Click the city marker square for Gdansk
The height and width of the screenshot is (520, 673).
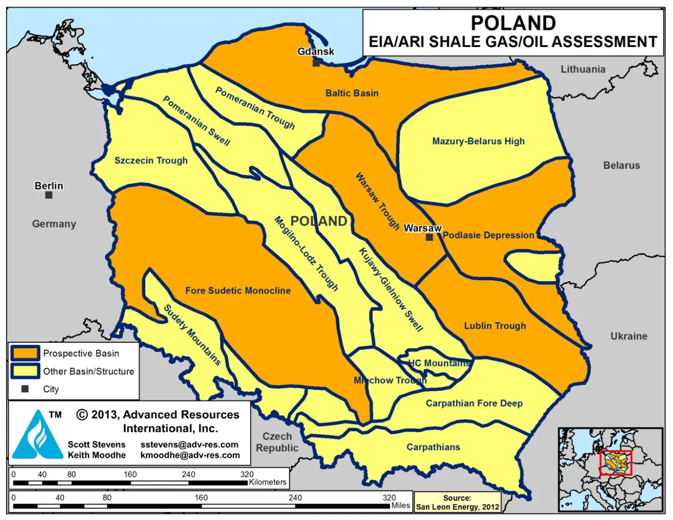pyautogui.click(x=316, y=62)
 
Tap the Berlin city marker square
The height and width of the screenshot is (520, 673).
pyautogui.click(x=49, y=195)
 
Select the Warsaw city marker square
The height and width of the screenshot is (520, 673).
pyautogui.click(x=429, y=237)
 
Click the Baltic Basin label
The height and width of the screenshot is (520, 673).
pyautogui.click(x=352, y=93)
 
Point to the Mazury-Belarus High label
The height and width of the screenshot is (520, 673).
pyautogui.click(x=478, y=141)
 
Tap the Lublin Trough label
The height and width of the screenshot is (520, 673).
pyautogui.click(x=495, y=326)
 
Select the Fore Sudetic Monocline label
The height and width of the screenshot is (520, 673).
pyautogui.click(x=238, y=291)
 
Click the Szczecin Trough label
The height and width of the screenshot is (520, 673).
pyautogui.click(x=151, y=161)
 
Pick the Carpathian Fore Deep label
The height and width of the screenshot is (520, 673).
pyautogui.click(x=474, y=403)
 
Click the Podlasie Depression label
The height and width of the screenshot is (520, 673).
pyautogui.click(x=488, y=235)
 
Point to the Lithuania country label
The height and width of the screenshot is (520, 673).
pyautogui.click(x=583, y=69)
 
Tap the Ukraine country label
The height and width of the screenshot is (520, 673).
pyautogui.click(x=629, y=336)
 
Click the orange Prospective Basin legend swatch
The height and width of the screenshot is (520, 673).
pyautogui.click(x=25, y=353)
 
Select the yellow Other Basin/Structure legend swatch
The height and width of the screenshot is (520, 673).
pyautogui.click(x=25, y=371)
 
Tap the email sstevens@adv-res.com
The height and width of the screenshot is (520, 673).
pyautogui.click(x=189, y=445)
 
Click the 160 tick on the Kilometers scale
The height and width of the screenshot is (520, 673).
pyautogui.click(x=130, y=474)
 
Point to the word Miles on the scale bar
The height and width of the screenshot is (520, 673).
pyautogui.click(x=400, y=505)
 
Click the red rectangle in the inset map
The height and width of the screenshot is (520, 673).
pyautogui.click(x=615, y=463)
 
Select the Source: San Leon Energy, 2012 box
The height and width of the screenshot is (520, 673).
pyautogui.click(x=457, y=503)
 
